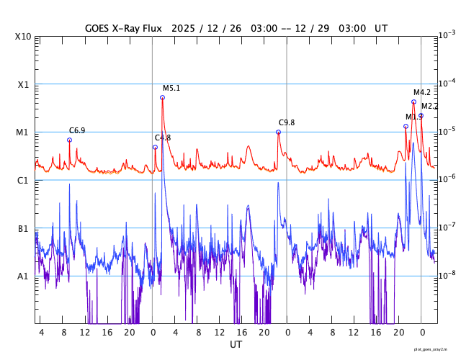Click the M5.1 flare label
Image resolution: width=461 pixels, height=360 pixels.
click(171, 89)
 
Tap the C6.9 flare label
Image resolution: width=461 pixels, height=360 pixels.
click(77, 130)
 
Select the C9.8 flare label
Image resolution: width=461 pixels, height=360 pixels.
click(287, 123)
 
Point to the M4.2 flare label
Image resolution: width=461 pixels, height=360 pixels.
click(422, 92)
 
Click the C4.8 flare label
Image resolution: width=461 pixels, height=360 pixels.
click(163, 138)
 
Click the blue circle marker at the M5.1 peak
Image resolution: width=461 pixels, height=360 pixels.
click(162, 97)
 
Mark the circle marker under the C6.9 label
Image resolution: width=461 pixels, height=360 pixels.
click(69, 140)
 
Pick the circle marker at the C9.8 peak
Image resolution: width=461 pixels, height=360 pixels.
click(278, 132)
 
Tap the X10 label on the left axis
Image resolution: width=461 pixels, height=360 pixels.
click(24, 37)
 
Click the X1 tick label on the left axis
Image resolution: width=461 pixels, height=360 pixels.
click(24, 84)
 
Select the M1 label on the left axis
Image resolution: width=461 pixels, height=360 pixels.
click(24, 132)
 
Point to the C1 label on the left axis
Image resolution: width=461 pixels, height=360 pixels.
click(24, 181)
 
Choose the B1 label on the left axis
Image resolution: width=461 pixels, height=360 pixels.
click(24, 229)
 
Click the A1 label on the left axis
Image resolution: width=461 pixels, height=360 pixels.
click(24, 276)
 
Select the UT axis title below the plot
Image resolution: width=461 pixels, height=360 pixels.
click(236, 345)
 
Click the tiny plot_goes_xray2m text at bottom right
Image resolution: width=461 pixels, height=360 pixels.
click(435, 349)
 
